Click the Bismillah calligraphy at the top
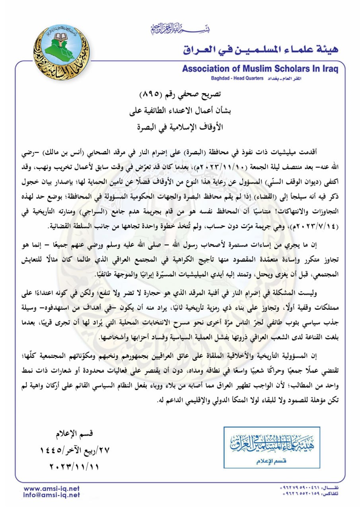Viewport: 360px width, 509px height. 180,29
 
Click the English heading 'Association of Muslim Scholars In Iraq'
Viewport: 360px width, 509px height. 260,69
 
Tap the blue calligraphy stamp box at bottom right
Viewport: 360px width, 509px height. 272,447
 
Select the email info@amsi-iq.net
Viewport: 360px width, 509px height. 52,495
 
